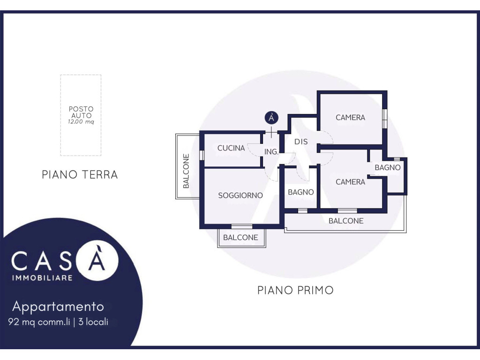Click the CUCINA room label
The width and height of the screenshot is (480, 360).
(x=231, y=148)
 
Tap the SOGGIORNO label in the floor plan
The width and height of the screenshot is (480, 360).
(x=240, y=195)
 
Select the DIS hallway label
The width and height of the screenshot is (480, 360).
(x=301, y=142)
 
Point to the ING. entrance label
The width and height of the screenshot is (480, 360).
(x=271, y=151)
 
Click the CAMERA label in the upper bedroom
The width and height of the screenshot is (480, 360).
(x=351, y=118)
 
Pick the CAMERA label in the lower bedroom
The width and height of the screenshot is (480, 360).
(x=351, y=182)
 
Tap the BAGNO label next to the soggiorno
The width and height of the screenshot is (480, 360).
(x=301, y=192)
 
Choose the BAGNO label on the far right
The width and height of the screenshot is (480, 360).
(x=388, y=167)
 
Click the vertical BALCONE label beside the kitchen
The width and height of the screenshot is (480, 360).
(x=186, y=171)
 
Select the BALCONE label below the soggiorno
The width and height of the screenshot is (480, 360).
(x=240, y=238)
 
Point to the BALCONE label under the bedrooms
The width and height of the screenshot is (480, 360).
(x=346, y=221)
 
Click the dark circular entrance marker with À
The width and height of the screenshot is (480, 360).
(x=271, y=118)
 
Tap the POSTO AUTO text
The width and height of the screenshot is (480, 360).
(x=81, y=112)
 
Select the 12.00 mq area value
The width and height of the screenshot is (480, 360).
(x=81, y=122)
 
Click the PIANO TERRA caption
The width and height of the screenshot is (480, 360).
(x=80, y=175)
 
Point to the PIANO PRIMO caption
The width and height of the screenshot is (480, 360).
(x=295, y=290)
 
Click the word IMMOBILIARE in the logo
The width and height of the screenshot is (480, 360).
(x=42, y=278)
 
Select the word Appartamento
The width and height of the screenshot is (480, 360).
(x=58, y=307)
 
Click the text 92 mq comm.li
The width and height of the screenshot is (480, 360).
(x=39, y=322)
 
